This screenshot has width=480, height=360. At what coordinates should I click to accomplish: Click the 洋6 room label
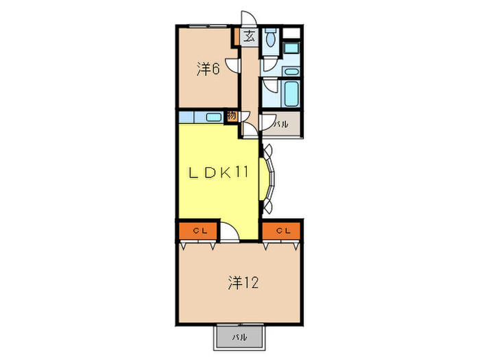tap(208, 69)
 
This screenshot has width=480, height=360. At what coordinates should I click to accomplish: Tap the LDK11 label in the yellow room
tap(217, 172)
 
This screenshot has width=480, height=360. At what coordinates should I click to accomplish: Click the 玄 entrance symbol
tap(250, 37)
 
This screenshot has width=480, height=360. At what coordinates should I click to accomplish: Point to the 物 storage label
tap(232, 116)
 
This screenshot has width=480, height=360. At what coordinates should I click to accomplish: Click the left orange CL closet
tap(197, 231)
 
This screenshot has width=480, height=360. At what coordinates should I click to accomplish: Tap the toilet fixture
tap(271, 40)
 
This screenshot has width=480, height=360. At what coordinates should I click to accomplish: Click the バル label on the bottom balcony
tap(239, 337)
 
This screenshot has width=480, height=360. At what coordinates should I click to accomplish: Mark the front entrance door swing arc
tap(247, 20)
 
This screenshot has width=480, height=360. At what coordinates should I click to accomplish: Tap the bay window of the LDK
tap(269, 180)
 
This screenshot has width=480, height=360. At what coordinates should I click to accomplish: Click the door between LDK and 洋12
tap(232, 233)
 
